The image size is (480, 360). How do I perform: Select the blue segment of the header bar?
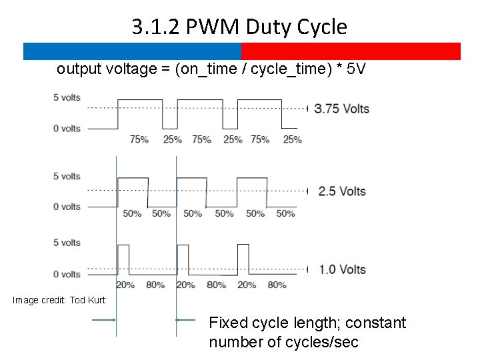point(132,51)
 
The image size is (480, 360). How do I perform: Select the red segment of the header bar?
point(351,51)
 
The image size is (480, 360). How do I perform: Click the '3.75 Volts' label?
point(341,109)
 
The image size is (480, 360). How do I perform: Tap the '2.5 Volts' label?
point(342,191)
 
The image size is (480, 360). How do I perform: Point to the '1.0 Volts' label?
point(342,270)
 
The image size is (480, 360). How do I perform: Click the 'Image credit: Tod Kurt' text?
point(59,301)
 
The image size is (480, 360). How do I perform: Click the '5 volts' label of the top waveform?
point(67,97)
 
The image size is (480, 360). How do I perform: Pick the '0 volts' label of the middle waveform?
point(67,207)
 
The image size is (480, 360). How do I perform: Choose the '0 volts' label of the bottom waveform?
point(67,274)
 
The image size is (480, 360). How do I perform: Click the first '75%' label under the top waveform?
point(139,139)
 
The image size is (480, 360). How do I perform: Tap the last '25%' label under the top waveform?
point(292,139)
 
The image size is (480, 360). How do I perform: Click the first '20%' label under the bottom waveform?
point(125,285)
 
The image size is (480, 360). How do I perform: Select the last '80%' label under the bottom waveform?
point(277,285)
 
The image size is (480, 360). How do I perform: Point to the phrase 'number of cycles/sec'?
point(283,343)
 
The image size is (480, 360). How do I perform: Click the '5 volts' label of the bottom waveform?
point(67,243)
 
